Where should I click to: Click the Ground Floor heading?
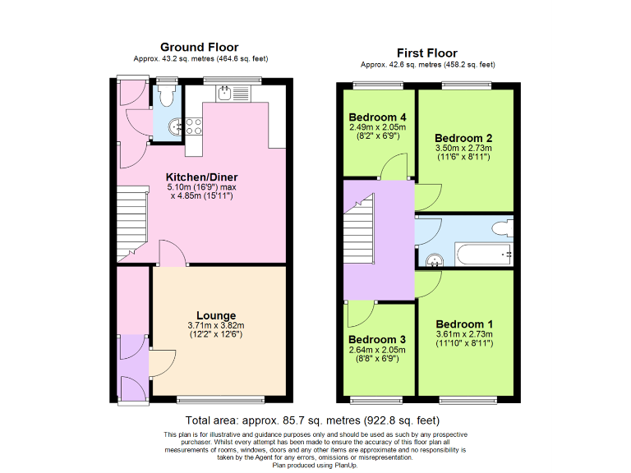[200, 47]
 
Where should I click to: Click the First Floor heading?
[427, 52]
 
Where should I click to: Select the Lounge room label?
[216, 315]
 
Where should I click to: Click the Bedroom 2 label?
[463, 137]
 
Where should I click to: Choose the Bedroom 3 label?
[377, 339]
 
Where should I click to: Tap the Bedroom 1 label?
[464, 324]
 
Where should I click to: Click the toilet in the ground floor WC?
[167, 97]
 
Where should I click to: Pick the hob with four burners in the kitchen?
[195, 126]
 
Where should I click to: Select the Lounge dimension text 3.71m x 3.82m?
[216, 326]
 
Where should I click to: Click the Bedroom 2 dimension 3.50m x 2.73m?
[463, 148]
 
